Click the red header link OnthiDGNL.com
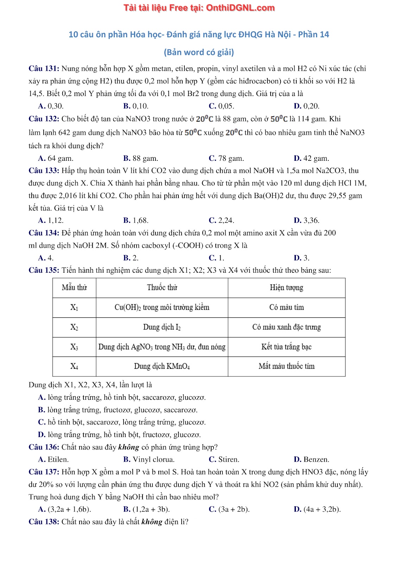(240, 8)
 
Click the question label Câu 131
(44, 69)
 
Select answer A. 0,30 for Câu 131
(51, 106)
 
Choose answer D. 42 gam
(311, 158)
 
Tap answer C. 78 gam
(226, 158)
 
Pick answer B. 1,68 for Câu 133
(136, 220)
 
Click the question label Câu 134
(44, 233)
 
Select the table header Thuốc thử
(162, 287)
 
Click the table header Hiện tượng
(286, 287)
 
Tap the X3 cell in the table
(74, 347)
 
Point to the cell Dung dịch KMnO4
(162, 366)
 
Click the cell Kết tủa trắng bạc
(286, 347)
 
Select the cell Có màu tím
(286, 307)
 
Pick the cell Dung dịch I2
(162, 327)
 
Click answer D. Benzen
(311, 459)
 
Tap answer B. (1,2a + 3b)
(146, 509)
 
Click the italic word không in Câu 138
(152, 522)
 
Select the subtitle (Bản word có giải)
(199, 52)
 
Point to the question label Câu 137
(44, 472)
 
